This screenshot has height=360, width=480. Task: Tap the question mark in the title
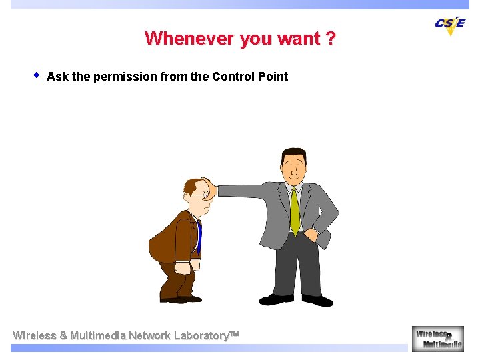coord(331,39)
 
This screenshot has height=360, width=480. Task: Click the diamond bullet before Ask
coord(37,75)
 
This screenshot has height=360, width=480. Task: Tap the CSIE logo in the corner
coord(450,23)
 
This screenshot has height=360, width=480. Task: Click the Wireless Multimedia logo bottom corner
coord(437,338)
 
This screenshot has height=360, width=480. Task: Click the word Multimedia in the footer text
coord(97,335)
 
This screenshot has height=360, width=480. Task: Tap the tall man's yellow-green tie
coord(295,211)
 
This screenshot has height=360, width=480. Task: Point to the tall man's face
coord(293,167)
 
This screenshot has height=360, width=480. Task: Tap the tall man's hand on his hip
coord(311,234)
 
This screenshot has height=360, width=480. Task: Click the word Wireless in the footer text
coord(35,335)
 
